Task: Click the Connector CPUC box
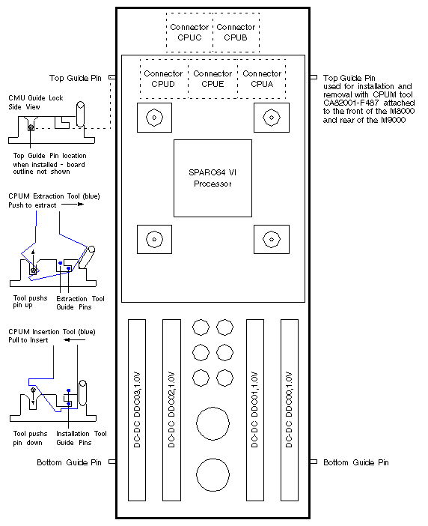tap(189, 32)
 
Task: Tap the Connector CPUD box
tap(163, 79)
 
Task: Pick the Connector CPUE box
tap(213, 79)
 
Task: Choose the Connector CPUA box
tap(262, 79)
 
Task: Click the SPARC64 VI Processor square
tap(213, 178)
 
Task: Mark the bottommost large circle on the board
tap(213, 475)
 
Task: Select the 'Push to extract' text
tap(32, 205)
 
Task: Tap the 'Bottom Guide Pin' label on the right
tap(355, 462)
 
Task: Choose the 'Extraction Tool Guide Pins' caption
tap(81, 303)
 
